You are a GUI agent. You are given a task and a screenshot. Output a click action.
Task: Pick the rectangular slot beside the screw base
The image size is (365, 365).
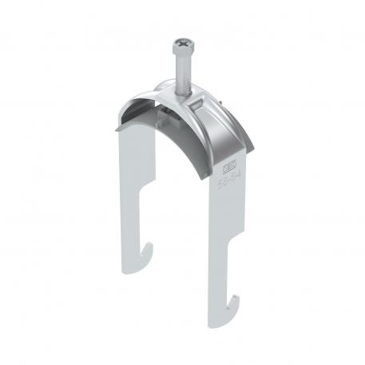[x=210, y=102]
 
